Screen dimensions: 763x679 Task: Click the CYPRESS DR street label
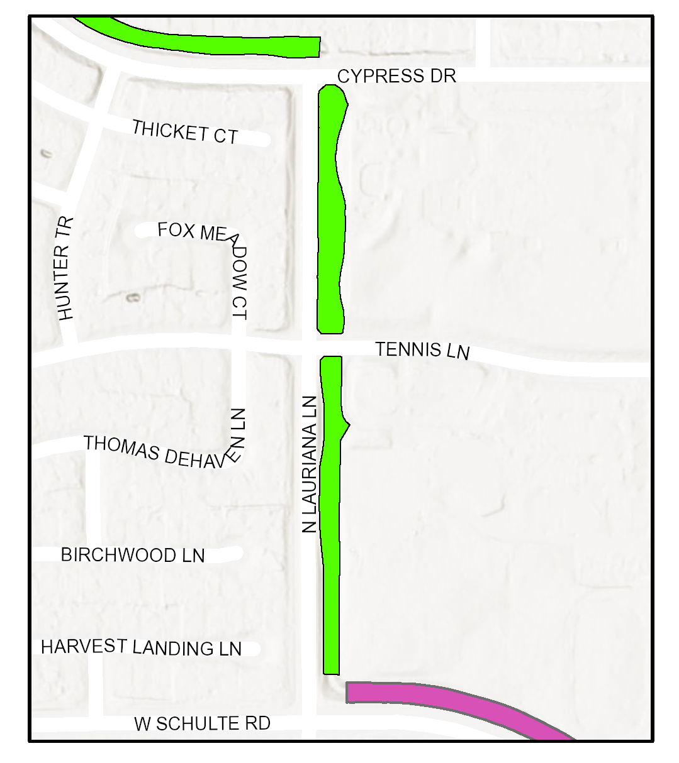point(396,76)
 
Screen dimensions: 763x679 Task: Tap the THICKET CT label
point(185,132)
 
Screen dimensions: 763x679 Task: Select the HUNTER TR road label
point(65,269)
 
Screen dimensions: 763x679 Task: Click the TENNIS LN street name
point(422,350)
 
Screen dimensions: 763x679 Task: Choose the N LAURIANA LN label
point(309,464)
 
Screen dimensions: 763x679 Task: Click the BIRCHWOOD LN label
point(133,555)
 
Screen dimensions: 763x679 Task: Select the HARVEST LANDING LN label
point(141,647)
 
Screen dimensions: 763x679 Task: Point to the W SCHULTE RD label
point(202,723)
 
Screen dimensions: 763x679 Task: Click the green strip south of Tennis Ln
point(331,534)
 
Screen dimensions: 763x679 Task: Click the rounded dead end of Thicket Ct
point(265,140)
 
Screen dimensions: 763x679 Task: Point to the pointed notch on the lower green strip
point(348,425)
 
